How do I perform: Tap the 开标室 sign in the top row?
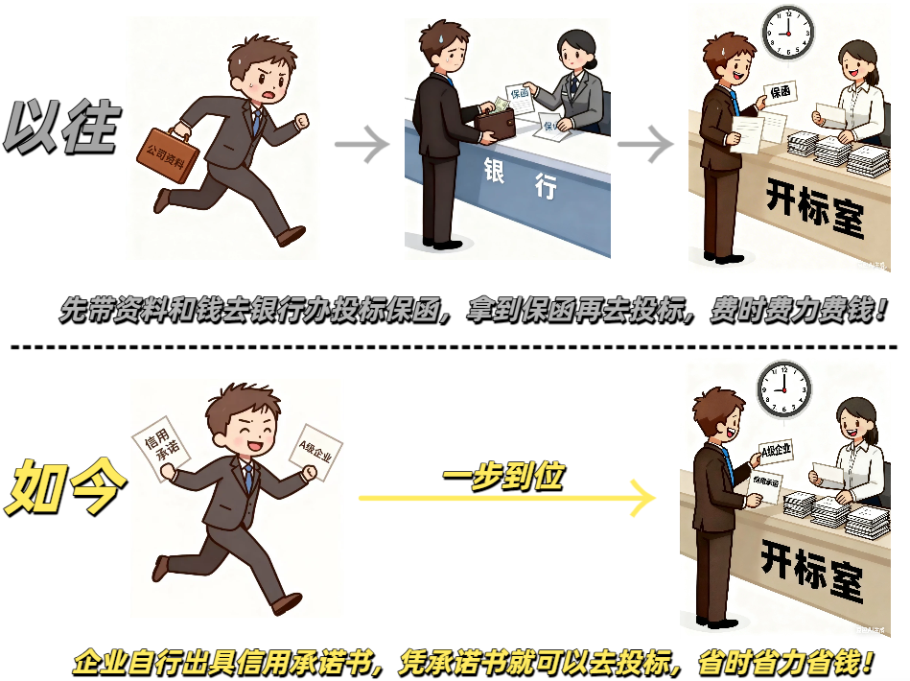click(x=814, y=205)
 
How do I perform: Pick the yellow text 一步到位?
click(x=503, y=475)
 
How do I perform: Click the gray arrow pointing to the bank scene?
click(x=362, y=146)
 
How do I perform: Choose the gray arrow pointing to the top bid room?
click(x=645, y=146)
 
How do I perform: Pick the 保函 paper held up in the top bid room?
click(x=781, y=93)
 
